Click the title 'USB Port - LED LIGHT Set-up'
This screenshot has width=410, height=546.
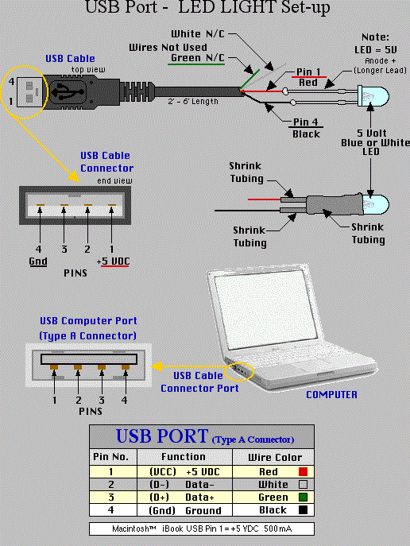(x=205, y=10)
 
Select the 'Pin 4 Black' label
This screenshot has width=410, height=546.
(x=305, y=129)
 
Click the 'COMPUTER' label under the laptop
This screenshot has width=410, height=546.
(x=331, y=394)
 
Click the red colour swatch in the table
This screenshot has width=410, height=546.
(x=301, y=471)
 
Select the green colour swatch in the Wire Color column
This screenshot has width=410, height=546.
(x=301, y=497)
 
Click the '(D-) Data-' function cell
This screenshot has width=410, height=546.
(x=184, y=484)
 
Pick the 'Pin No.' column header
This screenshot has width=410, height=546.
(x=112, y=457)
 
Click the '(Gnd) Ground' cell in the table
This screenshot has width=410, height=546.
(x=184, y=509)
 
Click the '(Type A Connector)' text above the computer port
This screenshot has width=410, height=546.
(x=88, y=335)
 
